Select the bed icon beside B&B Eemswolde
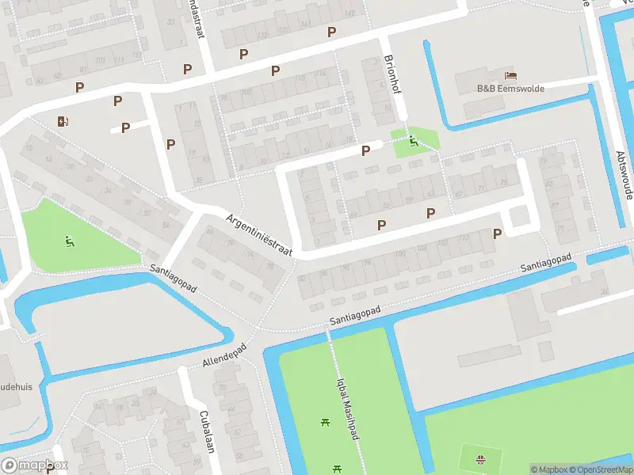(x=512, y=76)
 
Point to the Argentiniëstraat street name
(x=259, y=235)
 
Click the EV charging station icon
(x=63, y=121)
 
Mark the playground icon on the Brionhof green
(x=413, y=142)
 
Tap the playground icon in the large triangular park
(x=70, y=240)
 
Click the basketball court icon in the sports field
(x=479, y=459)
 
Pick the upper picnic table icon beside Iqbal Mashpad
(x=325, y=422)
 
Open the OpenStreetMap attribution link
(x=602, y=469)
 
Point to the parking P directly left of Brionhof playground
(x=365, y=150)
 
